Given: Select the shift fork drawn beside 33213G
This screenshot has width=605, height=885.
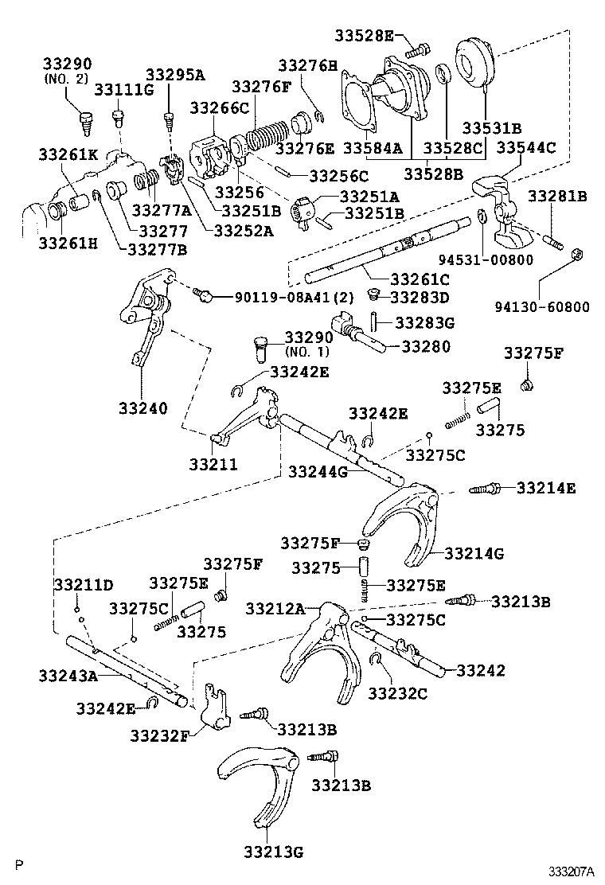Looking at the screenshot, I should click(x=259, y=779).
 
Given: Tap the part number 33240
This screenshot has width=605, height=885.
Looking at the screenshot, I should click(x=143, y=408).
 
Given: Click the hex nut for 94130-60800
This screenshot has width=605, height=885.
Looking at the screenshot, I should click(x=578, y=255).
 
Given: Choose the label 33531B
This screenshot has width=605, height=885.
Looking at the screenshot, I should click(x=492, y=127).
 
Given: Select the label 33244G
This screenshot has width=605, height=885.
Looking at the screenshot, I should click(x=318, y=472).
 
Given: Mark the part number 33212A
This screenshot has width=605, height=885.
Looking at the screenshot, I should click(x=275, y=609).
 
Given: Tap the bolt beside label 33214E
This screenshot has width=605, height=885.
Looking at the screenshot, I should click(x=485, y=489).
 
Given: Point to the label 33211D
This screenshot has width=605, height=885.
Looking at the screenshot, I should click(x=84, y=585).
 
